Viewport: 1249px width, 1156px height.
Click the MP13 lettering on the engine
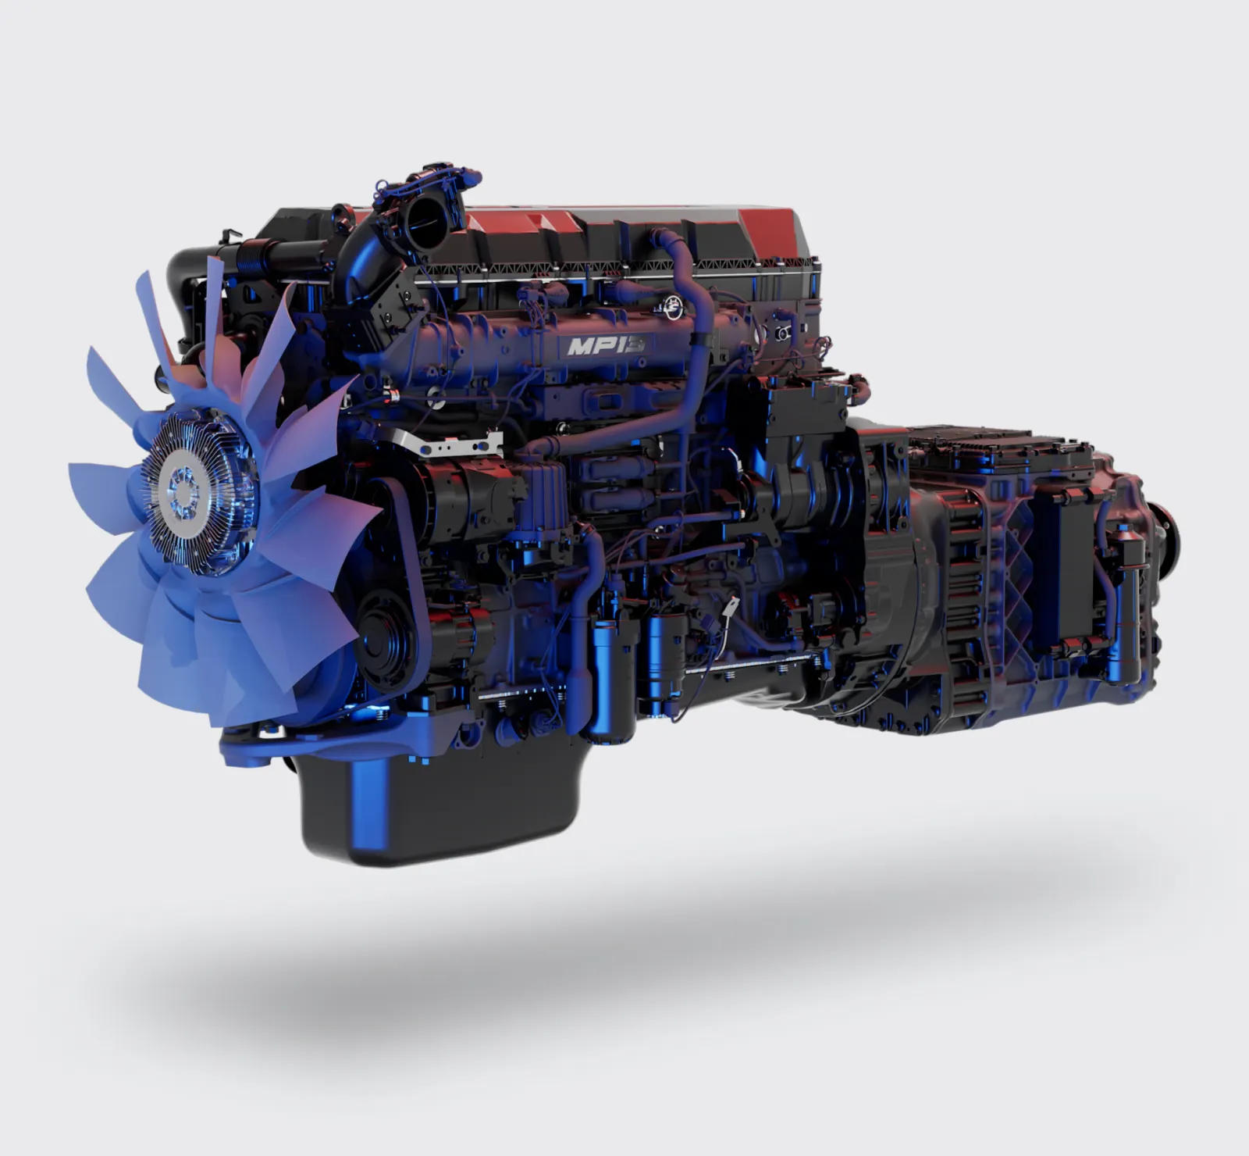pos(605,345)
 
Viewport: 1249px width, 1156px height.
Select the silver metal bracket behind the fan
pos(453,444)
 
